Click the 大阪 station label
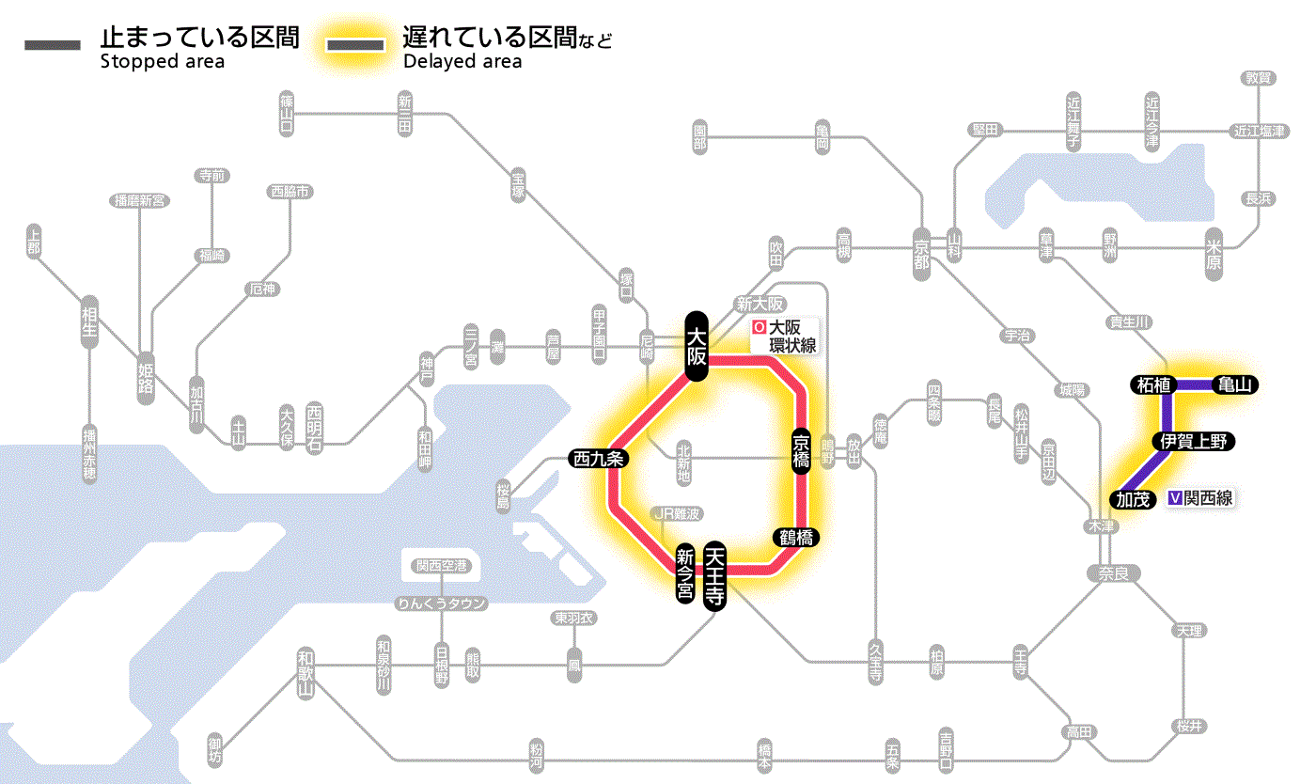696,346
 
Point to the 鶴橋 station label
795,538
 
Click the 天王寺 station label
715,576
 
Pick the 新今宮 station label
686,574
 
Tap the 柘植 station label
1152,384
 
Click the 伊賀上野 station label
1194,441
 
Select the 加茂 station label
1134,499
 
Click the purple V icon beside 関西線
1175,498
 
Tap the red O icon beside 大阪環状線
759,328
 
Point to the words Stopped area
162,62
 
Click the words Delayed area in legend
462,62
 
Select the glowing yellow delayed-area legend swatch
355,45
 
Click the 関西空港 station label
447,566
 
